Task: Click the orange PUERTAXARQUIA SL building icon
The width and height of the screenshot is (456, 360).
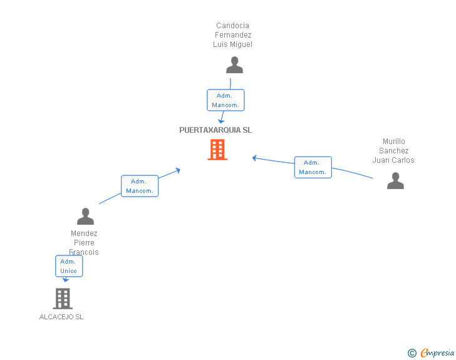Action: coord(217,150)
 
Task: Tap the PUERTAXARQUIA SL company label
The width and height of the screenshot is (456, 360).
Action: coord(215,130)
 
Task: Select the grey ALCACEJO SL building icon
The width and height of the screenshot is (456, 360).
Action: coord(63,299)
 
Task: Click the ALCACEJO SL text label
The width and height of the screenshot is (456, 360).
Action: coord(61,317)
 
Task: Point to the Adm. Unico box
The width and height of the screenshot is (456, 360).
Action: coord(69,266)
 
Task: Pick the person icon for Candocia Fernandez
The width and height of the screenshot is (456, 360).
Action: coord(234,65)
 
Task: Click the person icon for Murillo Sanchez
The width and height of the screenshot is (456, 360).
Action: coord(395,180)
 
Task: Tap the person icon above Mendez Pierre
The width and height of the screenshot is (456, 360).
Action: coord(85,217)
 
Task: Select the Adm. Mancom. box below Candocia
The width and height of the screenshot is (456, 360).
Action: coord(225,100)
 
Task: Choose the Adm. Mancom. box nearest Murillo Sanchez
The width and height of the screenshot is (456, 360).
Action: coord(313,167)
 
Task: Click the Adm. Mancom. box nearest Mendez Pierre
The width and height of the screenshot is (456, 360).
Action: coord(140,186)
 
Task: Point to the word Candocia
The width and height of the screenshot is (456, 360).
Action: coord(232,26)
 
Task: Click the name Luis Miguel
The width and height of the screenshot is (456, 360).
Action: coord(232,44)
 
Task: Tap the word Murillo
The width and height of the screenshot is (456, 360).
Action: coord(394,141)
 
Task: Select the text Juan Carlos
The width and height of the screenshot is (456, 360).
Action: coord(393,160)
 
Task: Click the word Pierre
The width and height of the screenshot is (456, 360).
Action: coord(84,242)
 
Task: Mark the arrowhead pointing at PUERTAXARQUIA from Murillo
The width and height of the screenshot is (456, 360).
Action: coord(254,158)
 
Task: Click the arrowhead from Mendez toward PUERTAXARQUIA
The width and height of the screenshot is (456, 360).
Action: coord(178,170)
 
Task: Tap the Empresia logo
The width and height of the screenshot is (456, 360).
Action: coord(437,352)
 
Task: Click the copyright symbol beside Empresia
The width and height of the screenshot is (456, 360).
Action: coord(412,353)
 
